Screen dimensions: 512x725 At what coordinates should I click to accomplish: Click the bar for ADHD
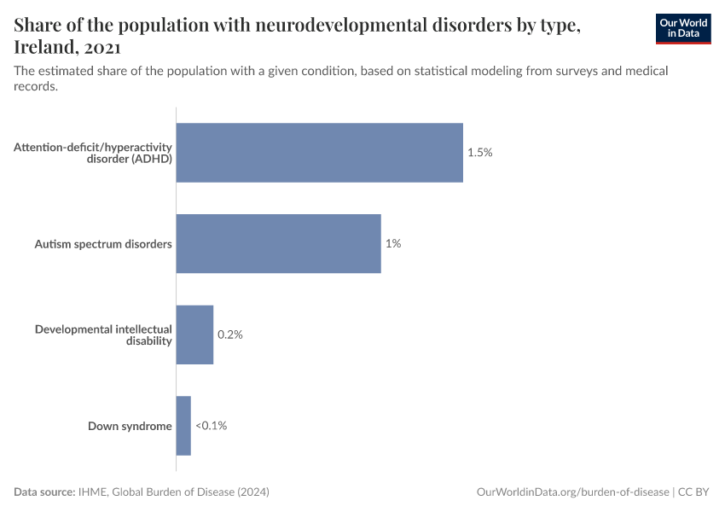319,153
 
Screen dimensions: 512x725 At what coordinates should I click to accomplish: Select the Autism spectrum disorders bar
278,243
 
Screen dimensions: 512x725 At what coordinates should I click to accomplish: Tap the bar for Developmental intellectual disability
194,335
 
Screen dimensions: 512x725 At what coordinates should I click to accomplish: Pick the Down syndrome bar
183,426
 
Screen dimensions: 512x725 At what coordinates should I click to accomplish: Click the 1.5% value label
480,153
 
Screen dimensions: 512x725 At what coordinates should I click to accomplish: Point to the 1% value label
392,243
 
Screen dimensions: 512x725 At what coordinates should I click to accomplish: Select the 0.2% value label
230,335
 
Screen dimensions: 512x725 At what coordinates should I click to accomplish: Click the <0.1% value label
212,426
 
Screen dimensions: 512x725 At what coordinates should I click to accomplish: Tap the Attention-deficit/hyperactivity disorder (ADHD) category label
94,153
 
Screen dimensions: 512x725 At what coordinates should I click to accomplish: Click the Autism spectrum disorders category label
103,244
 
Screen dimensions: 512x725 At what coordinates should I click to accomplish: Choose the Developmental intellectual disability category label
103,335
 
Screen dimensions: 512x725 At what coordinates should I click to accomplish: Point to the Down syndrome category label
130,426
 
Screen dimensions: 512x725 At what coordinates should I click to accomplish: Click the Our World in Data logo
682,27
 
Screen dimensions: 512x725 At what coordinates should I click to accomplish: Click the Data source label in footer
44,492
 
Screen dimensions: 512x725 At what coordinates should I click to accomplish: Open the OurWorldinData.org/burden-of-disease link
572,492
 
